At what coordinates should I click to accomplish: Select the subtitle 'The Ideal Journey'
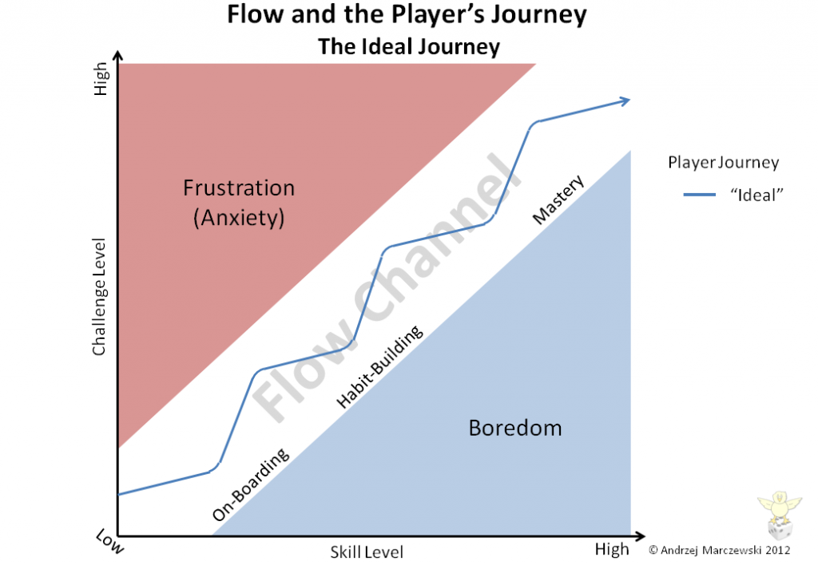[x=409, y=47]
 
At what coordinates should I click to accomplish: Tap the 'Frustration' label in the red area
[x=239, y=188]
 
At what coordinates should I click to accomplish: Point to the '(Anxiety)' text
[x=239, y=218]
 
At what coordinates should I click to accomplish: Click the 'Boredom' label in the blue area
[x=515, y=428]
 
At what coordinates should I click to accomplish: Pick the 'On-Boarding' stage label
[x=250, y=484]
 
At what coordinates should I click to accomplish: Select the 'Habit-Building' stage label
[x=379, y=366]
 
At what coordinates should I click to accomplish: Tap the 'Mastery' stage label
[x=558, y=199]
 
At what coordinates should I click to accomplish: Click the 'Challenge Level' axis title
[x=98, y=297]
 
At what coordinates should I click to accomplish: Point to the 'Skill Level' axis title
[x=367, y=552]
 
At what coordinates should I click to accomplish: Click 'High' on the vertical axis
[x=100, y=79]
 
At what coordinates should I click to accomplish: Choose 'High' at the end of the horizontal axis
[x=612, y=549]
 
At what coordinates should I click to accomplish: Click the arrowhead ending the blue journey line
[x=625, y=101]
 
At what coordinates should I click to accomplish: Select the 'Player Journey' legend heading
[x=724, y=163]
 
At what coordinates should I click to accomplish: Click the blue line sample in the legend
[x=700, y=195]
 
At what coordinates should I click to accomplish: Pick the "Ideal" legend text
[x=757, y=195]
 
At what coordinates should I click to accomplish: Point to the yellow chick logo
[x=780, y=507]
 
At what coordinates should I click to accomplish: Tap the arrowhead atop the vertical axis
[x=118, y=56]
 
